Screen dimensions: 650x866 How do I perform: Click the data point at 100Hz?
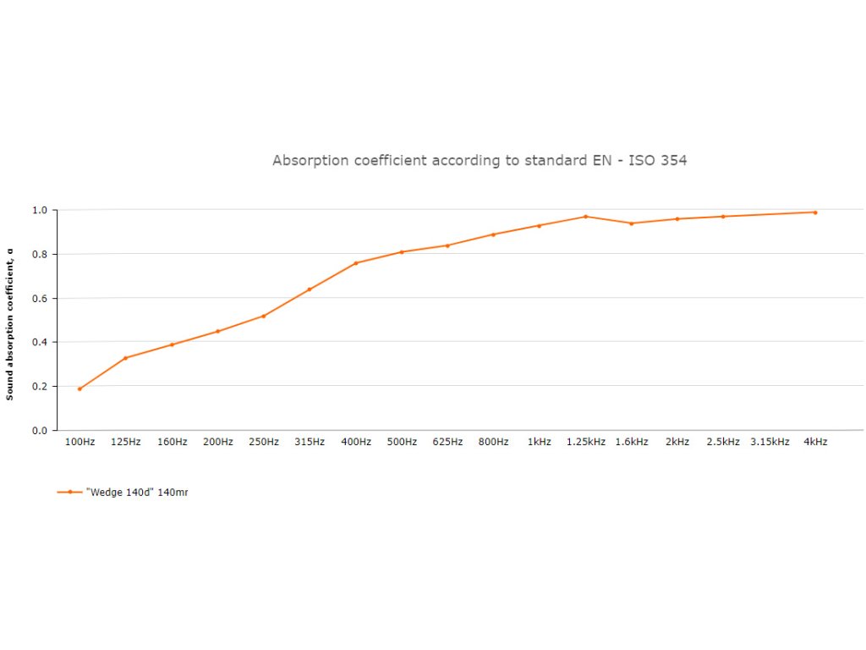(x=79, y=388)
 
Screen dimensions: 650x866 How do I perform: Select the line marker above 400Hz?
(x=356, y=263)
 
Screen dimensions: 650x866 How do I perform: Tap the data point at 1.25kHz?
(x=585, y=217)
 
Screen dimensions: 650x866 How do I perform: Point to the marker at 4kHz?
(x=815, y=212)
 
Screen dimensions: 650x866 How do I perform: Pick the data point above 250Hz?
(x=264, y=316)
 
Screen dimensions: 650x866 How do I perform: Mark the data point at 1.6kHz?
(x=631, y=223)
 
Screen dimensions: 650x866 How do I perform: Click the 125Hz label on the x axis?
(x=126, y=442)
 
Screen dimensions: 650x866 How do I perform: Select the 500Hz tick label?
(x=402, y=442)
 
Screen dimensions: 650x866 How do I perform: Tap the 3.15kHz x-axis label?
(x=770, y=442)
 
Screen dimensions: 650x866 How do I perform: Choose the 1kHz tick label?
(x=540, y=442)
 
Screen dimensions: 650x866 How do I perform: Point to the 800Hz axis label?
(x=494, y=442)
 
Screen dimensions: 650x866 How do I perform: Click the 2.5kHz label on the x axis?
(x=723, y=442)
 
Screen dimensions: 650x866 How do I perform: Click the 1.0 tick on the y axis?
(x=40, y=210)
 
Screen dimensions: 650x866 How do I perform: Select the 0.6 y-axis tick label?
(x=40, y=298)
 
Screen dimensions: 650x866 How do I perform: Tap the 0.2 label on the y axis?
(x=40, y=387)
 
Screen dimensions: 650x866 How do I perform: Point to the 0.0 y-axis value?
(x=40, y=431)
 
